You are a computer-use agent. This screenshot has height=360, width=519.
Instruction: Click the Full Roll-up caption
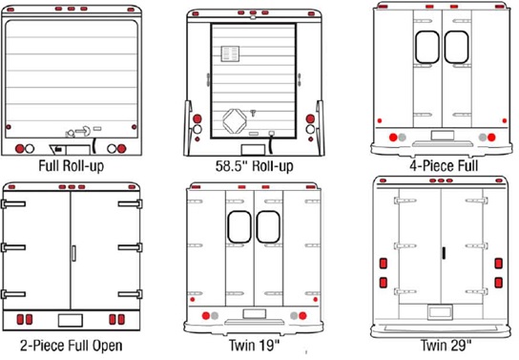click(72, 165)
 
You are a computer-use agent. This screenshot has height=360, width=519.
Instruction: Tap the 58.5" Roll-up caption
click(254, 166)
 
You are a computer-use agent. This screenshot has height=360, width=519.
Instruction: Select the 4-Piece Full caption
click(444, 165)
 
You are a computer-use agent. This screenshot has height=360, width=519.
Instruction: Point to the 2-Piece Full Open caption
click(72, 346)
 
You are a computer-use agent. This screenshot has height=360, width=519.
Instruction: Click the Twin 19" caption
click(254, 346)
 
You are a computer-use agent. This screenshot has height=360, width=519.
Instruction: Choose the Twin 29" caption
click(446, 345)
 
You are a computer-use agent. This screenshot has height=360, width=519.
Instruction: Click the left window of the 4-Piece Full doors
click(427, 47)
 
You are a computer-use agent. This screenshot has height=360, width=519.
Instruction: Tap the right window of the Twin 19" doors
click(268, 227)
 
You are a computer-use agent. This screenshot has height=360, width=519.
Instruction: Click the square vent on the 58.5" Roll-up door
click(230, 53)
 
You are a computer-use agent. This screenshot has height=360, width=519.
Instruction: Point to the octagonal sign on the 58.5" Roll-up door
click(235, 120)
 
